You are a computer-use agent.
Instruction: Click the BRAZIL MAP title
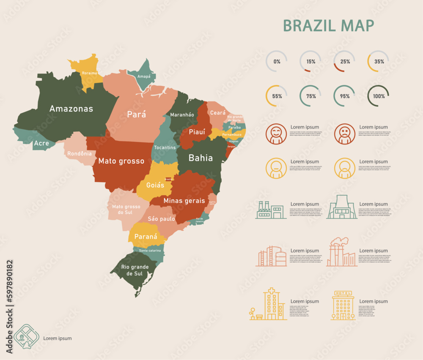tap(328, 25)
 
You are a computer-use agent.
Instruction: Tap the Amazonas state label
tap(71, 109)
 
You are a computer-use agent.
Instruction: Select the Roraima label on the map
tap(89, 73)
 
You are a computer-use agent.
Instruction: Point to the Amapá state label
tap(144, 76)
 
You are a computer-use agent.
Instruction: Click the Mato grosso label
tap(121, 161)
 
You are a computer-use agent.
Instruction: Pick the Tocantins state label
tap(165, 147)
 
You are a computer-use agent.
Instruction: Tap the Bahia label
tap(201, 158)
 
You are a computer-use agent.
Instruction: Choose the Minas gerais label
tap(184, 201)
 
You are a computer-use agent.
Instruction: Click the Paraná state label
tap(146, 237)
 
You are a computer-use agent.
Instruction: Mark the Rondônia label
tap(80, 153)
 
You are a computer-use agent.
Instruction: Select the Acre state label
tap(41, 143)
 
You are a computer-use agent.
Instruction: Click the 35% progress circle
tap(378, 61)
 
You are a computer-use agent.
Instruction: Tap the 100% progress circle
tap(378, 96)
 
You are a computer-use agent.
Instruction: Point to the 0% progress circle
tap(277, 61)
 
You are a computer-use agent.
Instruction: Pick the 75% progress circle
tap(310, 96)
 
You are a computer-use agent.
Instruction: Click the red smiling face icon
tap(276, 134)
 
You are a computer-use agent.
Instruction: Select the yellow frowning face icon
tap(344, 168)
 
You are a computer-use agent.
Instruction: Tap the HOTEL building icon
tap(343, 305)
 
